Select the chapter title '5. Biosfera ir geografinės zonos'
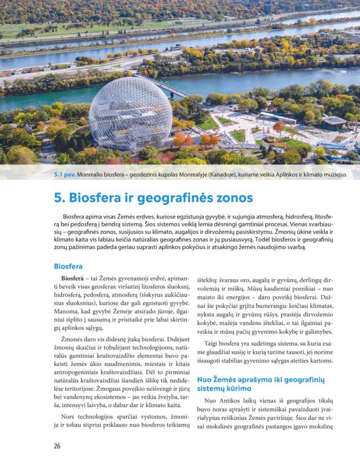click(153, 198)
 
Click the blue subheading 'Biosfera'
click(68, 266)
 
